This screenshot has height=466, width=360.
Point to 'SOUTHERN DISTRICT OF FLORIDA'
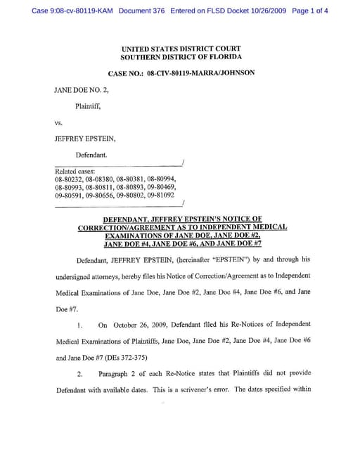[181, 57]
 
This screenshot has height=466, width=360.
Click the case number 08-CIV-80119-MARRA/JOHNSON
[201, 72]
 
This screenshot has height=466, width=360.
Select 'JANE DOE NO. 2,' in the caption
[82, 91]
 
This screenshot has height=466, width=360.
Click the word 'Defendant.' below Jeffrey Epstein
[91, 155]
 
